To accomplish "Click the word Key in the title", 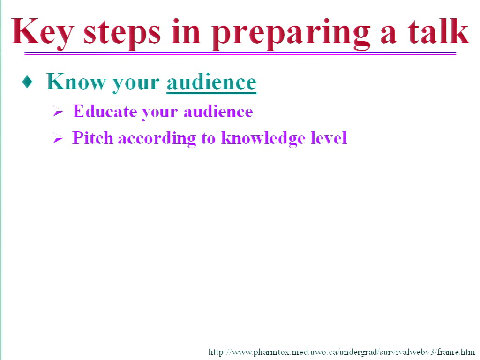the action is pos(42,33).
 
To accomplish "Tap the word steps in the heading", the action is pos(122,34).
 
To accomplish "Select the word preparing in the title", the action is pos(291,34).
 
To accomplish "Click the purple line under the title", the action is pos(240,53).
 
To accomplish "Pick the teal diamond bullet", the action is pos(28,82).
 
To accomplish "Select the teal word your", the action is pos(135,84).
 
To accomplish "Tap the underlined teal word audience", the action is pos(211,82).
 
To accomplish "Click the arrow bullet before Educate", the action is pos(58,112).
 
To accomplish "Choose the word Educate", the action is pos(105,111).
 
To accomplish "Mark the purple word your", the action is pos(159,112).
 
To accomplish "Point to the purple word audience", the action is pos(218,111).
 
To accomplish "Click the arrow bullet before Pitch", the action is pos(58,138).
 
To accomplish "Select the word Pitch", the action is pos(93,137).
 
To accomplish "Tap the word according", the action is pos(157,139).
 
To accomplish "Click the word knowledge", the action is pos(263,139).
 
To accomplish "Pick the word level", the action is pos(329,137).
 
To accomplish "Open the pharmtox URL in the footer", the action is pos(341,352).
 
